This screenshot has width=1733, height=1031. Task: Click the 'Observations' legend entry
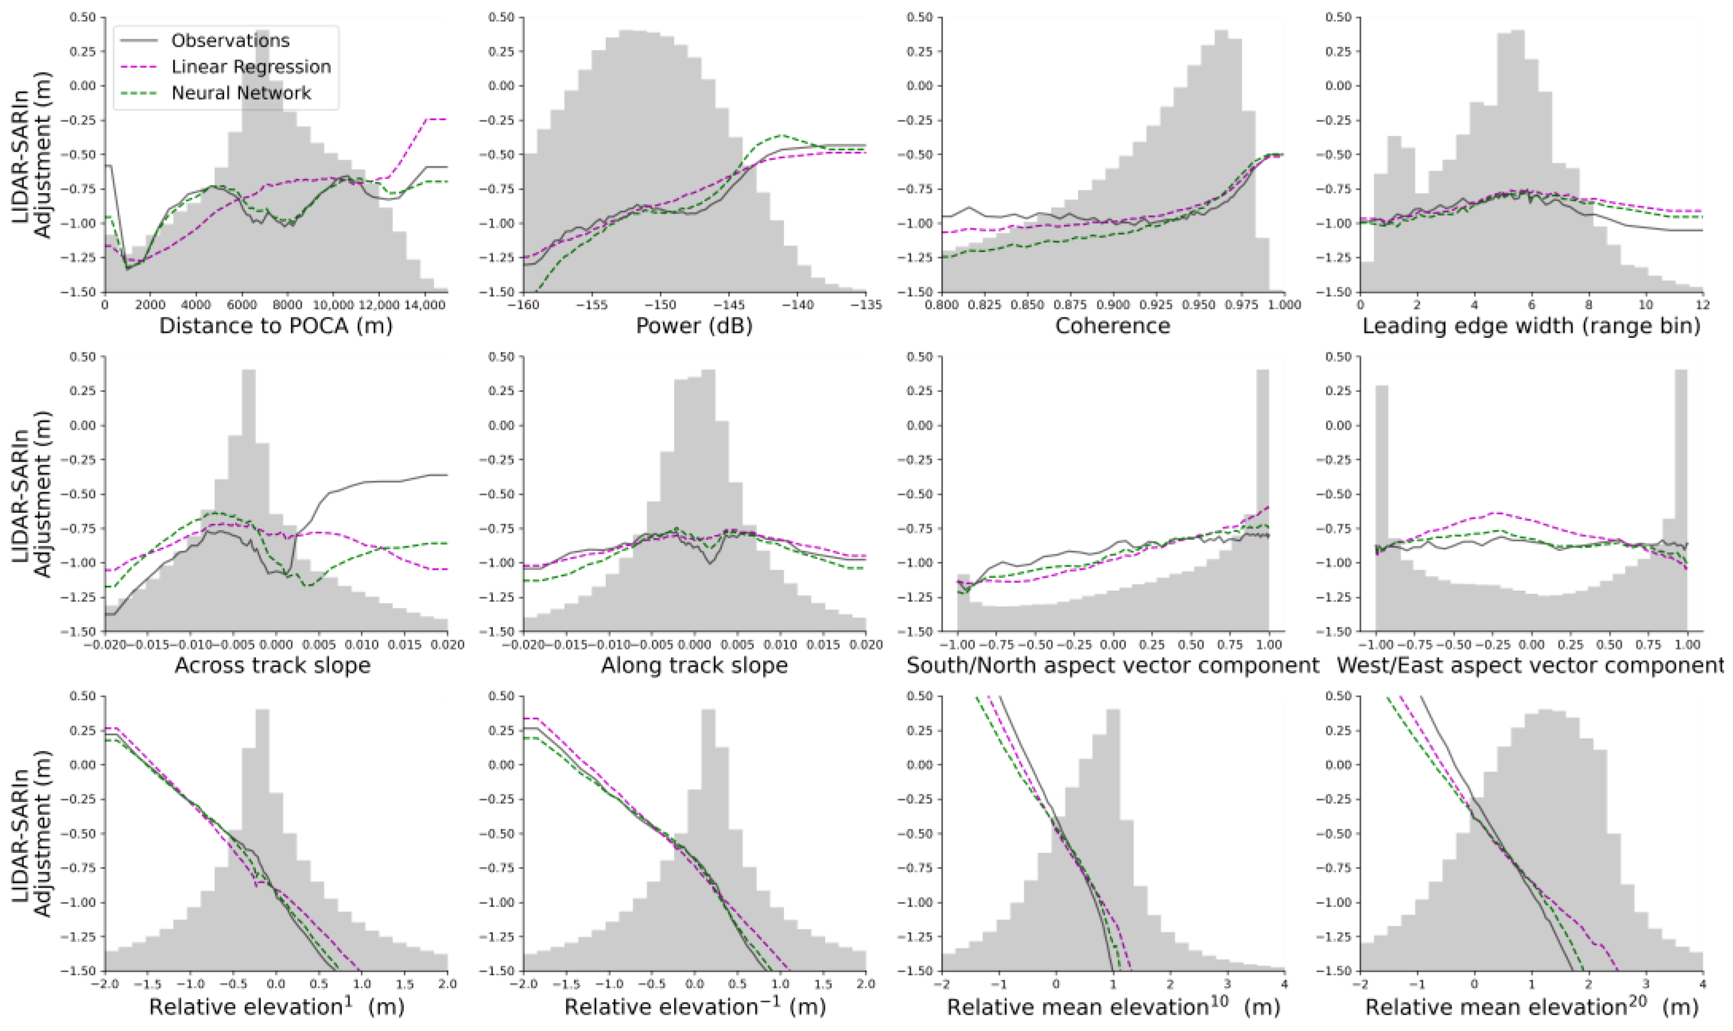pos(230,41)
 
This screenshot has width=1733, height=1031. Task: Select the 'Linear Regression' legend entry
pos(251,67)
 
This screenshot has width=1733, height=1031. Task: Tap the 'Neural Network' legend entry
pos(241,94)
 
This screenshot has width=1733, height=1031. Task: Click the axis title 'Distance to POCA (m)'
pos(276,326)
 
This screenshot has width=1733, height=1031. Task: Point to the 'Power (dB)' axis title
pos(694,326)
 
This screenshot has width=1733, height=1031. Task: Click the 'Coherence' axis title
pos(1112,326)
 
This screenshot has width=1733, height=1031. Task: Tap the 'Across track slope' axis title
pos(272,665)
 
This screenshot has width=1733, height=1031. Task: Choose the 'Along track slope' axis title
pos(694,665)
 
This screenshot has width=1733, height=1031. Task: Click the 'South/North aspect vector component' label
pos(1112,665)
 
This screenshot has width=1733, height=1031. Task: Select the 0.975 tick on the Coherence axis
pos(1241,304)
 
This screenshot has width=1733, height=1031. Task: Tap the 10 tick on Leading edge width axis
pos(1646,304)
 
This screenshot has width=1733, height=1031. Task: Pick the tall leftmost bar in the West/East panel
pos(1382,507)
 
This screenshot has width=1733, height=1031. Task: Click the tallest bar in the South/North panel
pos(1262,500)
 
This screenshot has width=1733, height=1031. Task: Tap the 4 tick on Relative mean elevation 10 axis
pos(1284,984)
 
